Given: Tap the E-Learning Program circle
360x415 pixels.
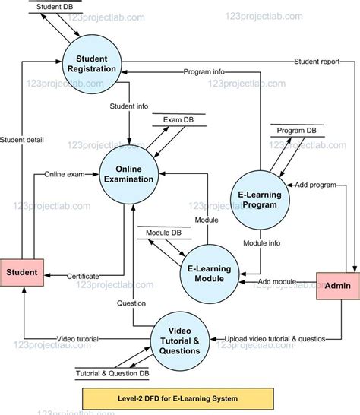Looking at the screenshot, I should click(x=260, y=199).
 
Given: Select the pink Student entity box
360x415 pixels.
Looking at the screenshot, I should click(x=22, y=272).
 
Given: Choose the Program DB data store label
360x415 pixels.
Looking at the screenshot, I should click(x=296, y=130).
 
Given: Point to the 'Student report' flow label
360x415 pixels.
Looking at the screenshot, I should click(x=317, y=62).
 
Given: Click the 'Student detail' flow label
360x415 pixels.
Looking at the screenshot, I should click(x=22, y=139).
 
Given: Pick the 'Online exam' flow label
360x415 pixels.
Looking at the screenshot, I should click(x=65, y=173).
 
